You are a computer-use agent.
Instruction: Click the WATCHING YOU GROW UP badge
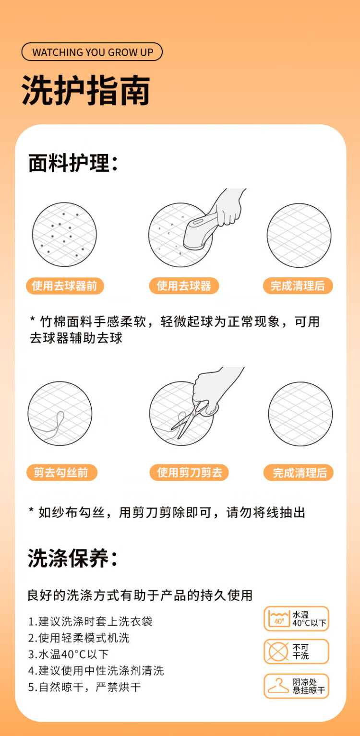(92, 52)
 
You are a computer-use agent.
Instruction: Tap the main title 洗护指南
(86, 90)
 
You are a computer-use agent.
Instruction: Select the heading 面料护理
(73, 163)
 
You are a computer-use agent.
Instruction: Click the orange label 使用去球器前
(65, 286)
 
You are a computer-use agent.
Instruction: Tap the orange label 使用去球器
(184, 286)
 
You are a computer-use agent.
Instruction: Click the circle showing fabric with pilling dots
(64, 235)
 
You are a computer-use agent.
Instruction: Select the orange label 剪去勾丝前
(61, 473)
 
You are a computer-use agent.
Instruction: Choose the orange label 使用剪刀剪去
(189, 473)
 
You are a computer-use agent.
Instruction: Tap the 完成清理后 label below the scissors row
(299, 473)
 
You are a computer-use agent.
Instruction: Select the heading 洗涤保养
(72, 558)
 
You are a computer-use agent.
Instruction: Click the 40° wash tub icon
(279, 619)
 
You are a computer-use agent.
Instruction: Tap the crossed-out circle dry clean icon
(278, 651)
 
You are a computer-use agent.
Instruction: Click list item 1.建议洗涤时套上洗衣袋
(90, 621)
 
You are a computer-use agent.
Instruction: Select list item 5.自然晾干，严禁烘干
(84, 687)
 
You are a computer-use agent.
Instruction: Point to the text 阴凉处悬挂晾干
(309, 686)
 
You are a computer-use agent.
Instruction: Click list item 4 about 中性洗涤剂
(96, 671)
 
